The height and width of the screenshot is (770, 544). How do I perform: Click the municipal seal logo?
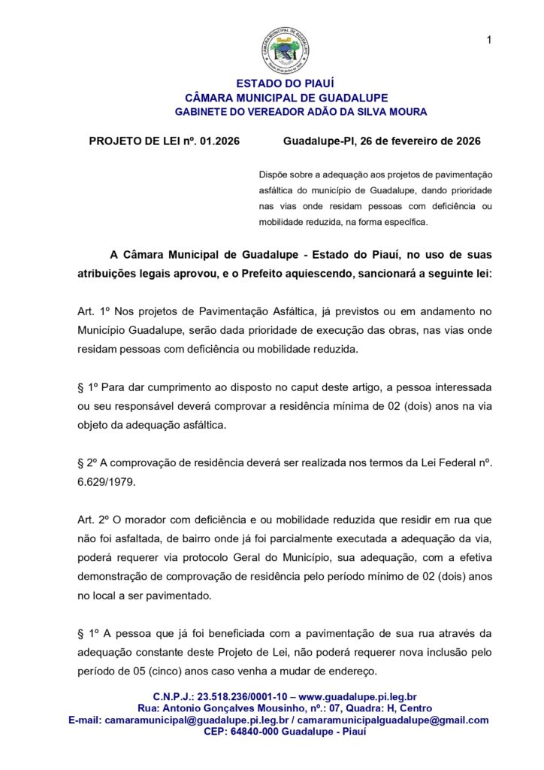point(284,50)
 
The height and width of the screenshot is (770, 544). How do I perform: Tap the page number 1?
point(489,40)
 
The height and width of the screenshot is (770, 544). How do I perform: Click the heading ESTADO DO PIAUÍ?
point(286,83)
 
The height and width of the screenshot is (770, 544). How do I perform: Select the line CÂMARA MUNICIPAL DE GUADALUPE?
point(286,98)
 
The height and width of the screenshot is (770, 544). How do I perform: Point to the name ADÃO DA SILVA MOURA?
point(366,112)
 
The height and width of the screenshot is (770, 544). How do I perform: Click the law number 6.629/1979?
point(107,481)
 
